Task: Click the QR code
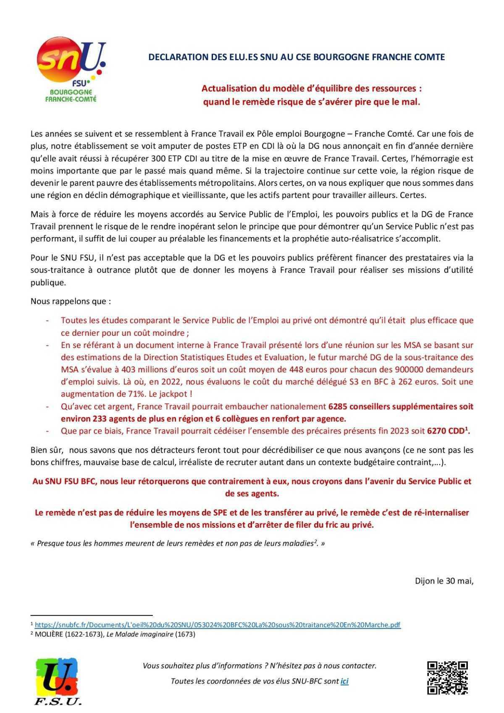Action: click(447, 678)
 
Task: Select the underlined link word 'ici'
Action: click(344, 681)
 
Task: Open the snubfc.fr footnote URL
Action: click(218, 625)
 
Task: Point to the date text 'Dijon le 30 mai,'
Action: click(444, 581)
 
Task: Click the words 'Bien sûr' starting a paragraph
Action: click(46, 450)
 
